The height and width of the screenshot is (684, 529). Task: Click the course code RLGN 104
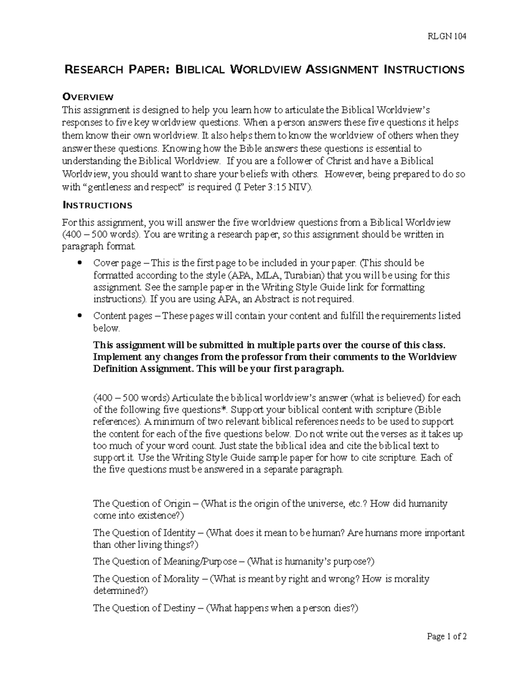(x=447, y=37)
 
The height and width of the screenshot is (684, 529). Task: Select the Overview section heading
(x=88, y=97)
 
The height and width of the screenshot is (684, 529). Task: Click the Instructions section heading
(x=97, y=205)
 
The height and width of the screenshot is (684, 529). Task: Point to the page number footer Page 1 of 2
(x=447, y=636)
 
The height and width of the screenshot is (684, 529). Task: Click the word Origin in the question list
(x=177, y=503)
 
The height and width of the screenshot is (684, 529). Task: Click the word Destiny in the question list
(x=179, y=608)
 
